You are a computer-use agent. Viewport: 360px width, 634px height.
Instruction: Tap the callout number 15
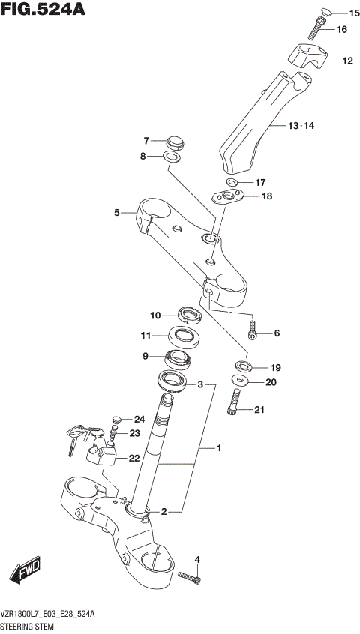click(354, 13)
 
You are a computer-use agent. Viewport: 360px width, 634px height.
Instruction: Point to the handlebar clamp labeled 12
click(307, 56)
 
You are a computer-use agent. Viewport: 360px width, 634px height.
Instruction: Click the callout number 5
click(117, 213)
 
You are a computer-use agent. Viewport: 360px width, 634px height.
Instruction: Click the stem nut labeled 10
click(187, 315)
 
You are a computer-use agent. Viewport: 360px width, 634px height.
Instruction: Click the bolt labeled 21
click(235, 402)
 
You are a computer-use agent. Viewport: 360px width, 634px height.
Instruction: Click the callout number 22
click(133, 458)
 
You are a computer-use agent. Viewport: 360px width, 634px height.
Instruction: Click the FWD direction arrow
click(25, 572)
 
